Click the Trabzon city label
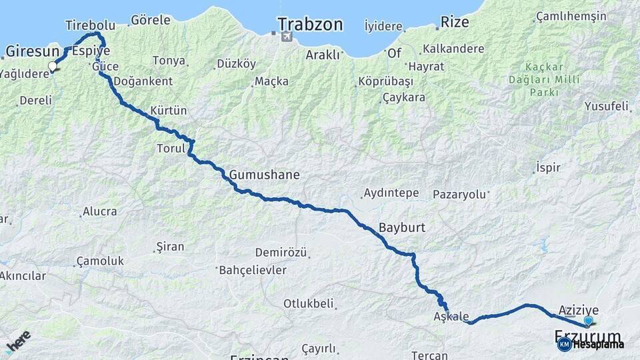click(310, 25)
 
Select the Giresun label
click(33, 51)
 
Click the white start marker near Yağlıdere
click(53, 66)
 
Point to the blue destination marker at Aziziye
click(588, 321)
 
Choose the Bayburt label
click(402, 227)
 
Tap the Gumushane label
click(264, 175)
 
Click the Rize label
click(455, 23)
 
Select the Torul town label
click(170, 148)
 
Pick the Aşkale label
click(451, 317)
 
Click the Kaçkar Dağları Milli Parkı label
click(544, 79)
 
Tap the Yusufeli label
click(606, 106)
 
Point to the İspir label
click(548, 168)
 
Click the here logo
click(18, 341)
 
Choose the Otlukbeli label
click(308, 303)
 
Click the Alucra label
click(99, 212)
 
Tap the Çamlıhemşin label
click(571, 17)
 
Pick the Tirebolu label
click(91, 25)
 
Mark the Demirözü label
click(281, 253)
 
